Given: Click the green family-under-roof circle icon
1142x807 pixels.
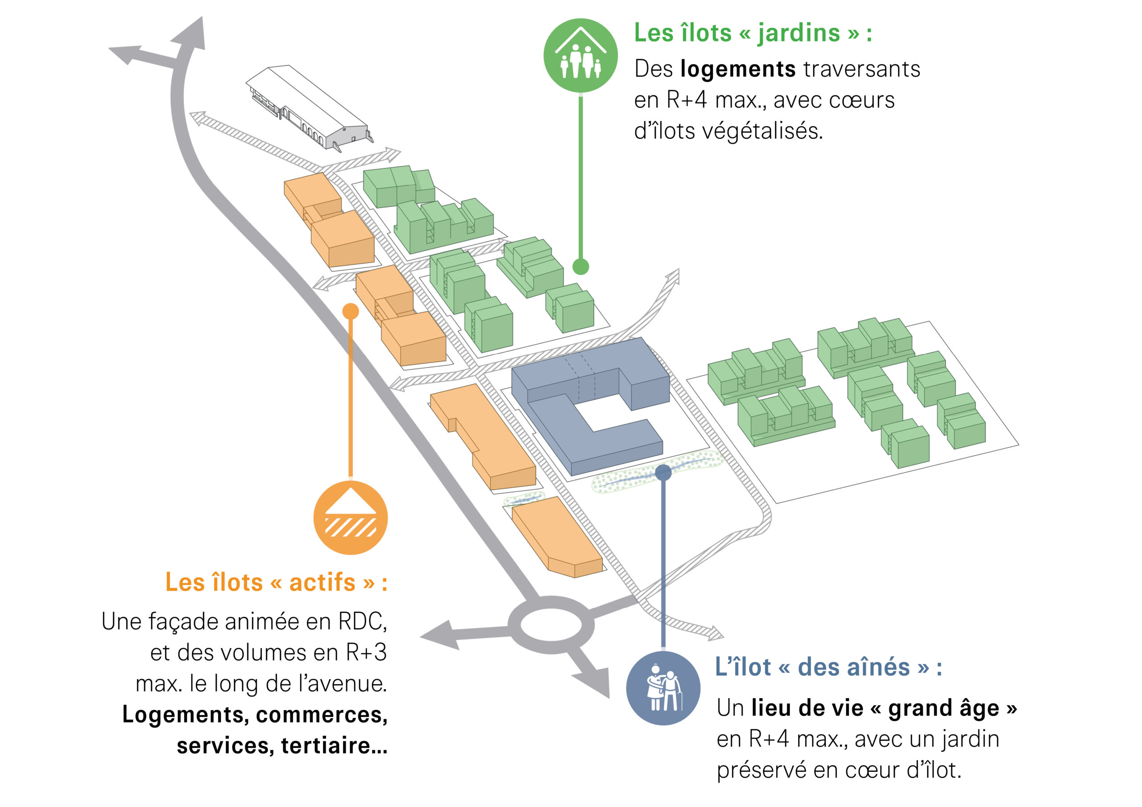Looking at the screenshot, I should coord(580,55).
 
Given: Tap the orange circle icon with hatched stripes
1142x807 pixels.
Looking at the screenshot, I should coord(350,517).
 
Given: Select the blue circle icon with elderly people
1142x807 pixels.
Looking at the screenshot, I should coord(663,688).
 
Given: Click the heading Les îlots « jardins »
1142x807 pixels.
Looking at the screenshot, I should coord(753,33).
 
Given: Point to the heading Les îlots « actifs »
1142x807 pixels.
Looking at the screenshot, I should coord(276,582).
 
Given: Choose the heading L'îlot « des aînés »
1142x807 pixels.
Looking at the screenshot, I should coord(828,667).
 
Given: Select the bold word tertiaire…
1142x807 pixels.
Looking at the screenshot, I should coord(334,745).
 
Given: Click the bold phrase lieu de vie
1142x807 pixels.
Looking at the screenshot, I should coord(807,708).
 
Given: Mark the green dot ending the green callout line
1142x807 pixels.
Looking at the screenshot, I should coord(580,267).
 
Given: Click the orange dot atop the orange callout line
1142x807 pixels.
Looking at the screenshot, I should coord(351,311).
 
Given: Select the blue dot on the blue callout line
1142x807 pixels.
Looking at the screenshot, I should coord(663,472).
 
